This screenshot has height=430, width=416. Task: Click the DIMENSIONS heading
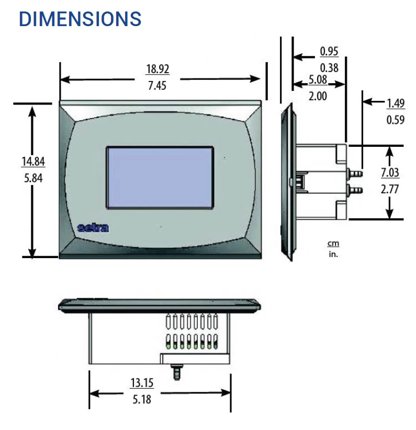pyautogui.click(x=80, y=19)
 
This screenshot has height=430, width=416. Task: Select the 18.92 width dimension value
pyautogui.click(x=158, y=69)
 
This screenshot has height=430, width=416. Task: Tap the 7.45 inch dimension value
pyautogui.click(x=157, y=86)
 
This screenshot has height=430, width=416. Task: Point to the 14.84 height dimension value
pyautogui.click(x=33, y=161)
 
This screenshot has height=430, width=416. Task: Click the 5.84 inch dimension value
pyautogui.click(x=33, y=178)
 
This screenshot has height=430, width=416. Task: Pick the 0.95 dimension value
pyautogui.click(x=329, y=51)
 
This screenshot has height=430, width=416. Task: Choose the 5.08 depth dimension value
pyautogui.click(x=318, y=79)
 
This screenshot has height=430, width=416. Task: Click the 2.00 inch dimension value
pyautogui.click(x=318, y=96)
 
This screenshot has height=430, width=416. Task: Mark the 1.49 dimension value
pyautogui.click(x=396, y=103)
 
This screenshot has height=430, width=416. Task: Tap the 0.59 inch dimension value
pyautogui.click(x=396, y=120)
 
